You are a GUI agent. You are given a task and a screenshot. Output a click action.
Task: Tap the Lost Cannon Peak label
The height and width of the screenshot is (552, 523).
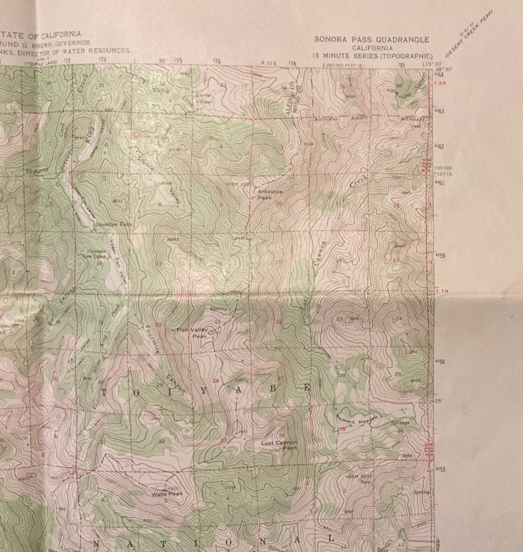279,445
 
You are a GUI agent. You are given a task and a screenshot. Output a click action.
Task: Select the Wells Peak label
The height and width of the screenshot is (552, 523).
164,493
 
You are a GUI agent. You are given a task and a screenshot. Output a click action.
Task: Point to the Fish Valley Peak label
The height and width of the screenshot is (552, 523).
190,333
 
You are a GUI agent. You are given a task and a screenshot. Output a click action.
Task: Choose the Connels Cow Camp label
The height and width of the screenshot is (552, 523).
98,254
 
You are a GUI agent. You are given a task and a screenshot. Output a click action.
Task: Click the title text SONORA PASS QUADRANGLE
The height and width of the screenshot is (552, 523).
371,40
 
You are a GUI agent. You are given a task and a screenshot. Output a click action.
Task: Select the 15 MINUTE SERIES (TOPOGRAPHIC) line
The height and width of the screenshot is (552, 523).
373,56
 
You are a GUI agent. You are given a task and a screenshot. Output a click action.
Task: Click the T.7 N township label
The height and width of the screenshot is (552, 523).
441,292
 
